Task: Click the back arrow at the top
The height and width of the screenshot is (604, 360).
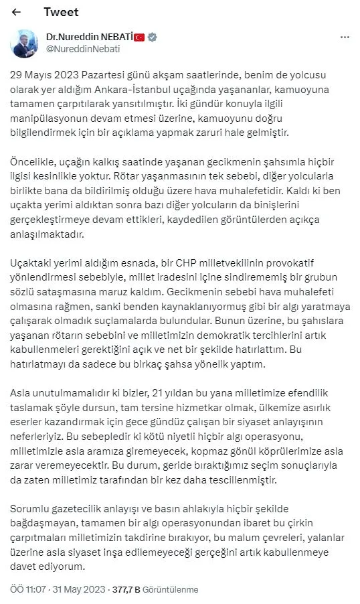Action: [17, 13]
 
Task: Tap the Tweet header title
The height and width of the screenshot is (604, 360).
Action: [61, 12]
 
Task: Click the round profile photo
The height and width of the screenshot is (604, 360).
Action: [25, 44]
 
